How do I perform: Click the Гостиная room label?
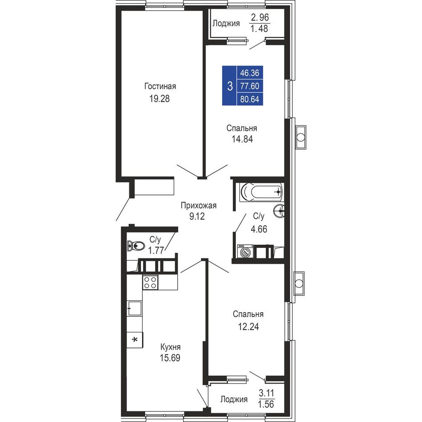pyautogui.click(x=160, y=86)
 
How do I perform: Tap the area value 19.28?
pyautogui.click(x=159, y=99)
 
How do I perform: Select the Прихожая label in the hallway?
pyautogui.click(x=199, y=206)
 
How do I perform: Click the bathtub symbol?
pyautogui.click(x=261, y=192)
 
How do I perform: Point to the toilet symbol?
pyautogui.click(x=136, y=246)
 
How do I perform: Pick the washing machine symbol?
pyautogui.click(x=245, y=251)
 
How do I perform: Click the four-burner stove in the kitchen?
pyautogui.click(x=150, y=283)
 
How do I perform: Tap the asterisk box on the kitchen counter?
pyautogui.click(x=135, y=340)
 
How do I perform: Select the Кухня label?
pyautogui.click(x=171, y=347)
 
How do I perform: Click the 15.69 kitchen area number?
pyautogui.click(x=170, y=358)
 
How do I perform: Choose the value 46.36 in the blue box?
pyautogui.click(x=250, y=73)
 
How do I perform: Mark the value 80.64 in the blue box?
pyautogui.click(x=250, y=100)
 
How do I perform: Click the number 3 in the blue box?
pyautogui.click(x=230, y=87)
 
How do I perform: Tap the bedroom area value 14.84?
pyautogui.click(x=242, y=139)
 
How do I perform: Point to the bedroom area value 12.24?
pyautogui.click(x=248, y=326)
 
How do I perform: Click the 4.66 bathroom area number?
pyautogui.click(x=259, y=229)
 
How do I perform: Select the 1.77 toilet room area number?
pyautogui.click(x=156, y=251)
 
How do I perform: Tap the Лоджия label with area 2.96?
pyautogui.click(x=226, y=24)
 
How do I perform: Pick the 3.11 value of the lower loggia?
pyautogui.click(x=267, y=393)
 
